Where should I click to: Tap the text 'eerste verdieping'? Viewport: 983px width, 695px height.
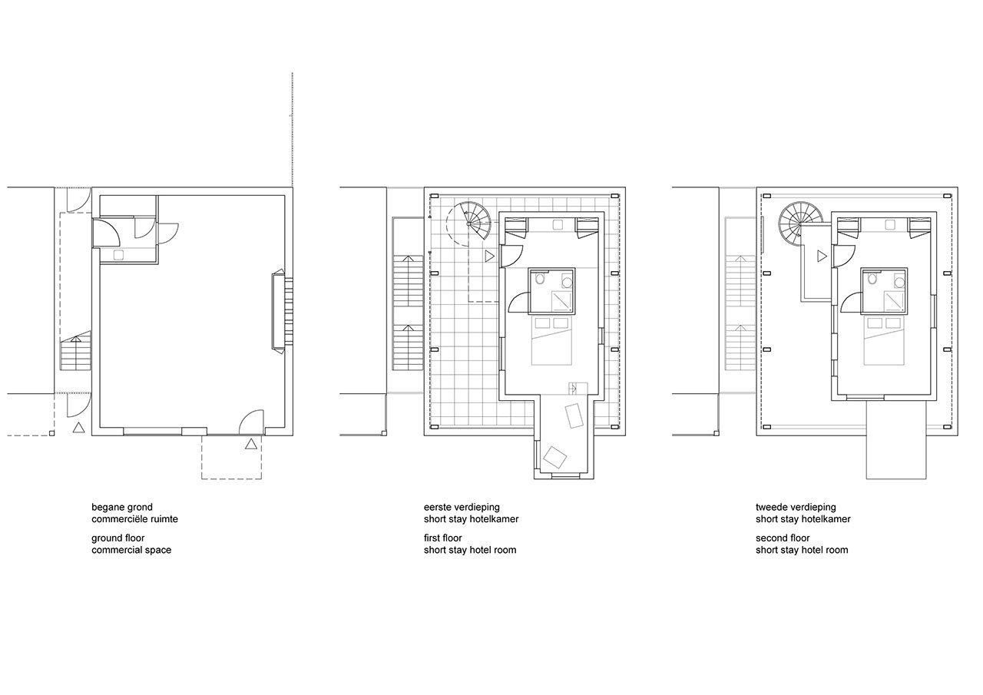[462, 507]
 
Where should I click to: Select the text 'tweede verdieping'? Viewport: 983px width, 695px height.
[796, 507]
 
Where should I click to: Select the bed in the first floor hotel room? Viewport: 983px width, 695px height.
[551, 341]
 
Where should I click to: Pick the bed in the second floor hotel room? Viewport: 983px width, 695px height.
[884, 341]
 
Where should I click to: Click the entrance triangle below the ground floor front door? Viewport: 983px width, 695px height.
[251, 444]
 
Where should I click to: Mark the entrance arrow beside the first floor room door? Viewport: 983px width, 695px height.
[490, 256]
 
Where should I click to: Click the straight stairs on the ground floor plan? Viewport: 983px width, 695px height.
[75, 353]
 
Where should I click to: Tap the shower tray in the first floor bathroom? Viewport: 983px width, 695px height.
[563, 301]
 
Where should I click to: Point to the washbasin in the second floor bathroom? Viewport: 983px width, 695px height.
[899, 281]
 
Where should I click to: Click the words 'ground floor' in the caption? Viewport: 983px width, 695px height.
[118, 538]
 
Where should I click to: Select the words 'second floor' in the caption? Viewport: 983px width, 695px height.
[783, 538]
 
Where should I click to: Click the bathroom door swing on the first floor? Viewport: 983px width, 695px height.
[518, 302]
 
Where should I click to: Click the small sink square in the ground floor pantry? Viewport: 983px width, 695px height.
[118, 255]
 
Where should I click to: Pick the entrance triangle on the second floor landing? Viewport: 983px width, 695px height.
[822, 256]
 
